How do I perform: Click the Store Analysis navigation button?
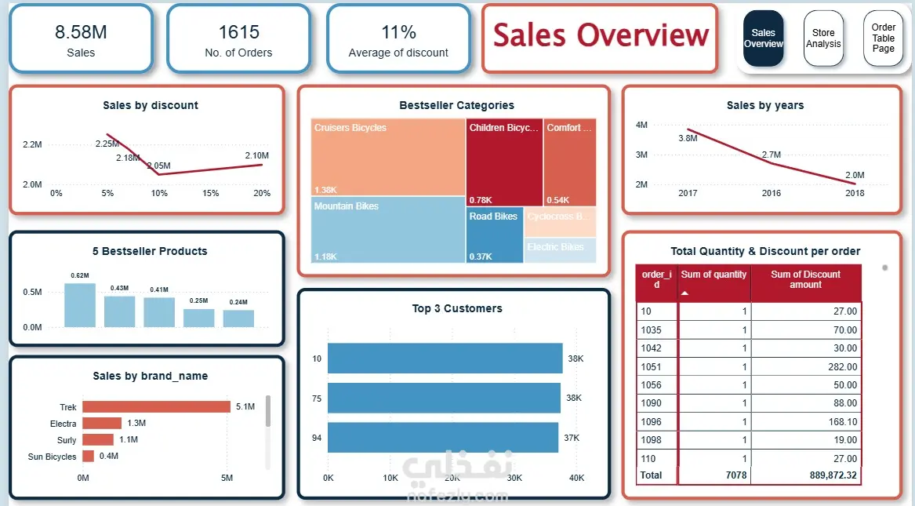click(x=823, y=38)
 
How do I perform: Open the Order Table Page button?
click(x=883, y=38)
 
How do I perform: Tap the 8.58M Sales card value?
click(x=81, y=32)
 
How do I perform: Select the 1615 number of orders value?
click(x=238, y=32)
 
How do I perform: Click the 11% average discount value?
click(x=398, y=32)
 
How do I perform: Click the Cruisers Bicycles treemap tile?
click(x=387, y=157)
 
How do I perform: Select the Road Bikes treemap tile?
click(x=494, y=235)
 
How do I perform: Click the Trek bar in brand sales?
click(x=156, y=406)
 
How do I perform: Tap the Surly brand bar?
click(x=98, y=440)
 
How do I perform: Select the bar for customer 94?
click(x=443, y=437)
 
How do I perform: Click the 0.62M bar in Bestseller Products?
click(x=80, y=305)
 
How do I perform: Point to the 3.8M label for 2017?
click(x=688, y=139)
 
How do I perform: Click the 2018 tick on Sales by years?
click(x=855, y=193)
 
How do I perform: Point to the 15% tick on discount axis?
click(x=211, y=193)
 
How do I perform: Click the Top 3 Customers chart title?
click(x=457, y=309)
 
